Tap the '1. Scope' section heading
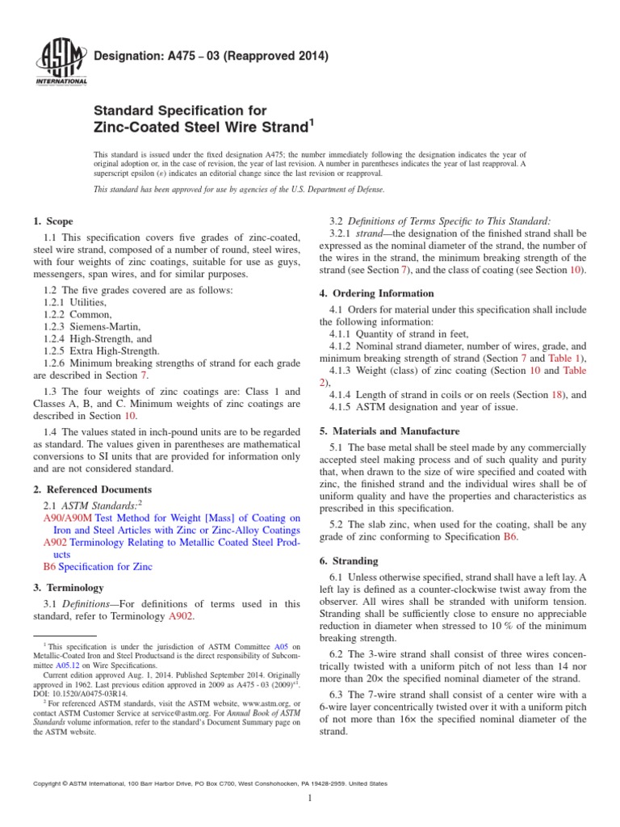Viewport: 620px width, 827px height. pos(52,221)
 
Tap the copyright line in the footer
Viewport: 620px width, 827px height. pos(208,783)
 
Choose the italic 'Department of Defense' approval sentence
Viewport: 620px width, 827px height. pos(239,189)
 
